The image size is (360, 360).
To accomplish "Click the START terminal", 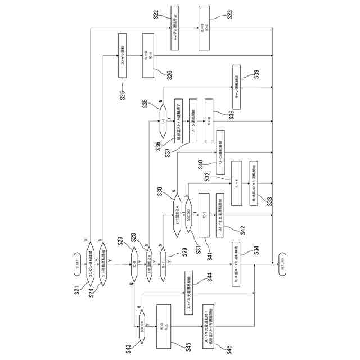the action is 79,264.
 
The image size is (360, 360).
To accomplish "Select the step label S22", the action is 158,13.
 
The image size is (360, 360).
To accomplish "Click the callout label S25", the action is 121,94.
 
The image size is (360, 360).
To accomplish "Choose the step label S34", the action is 256,251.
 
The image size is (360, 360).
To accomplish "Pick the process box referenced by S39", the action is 236,84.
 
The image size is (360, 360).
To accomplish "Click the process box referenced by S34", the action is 236,264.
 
